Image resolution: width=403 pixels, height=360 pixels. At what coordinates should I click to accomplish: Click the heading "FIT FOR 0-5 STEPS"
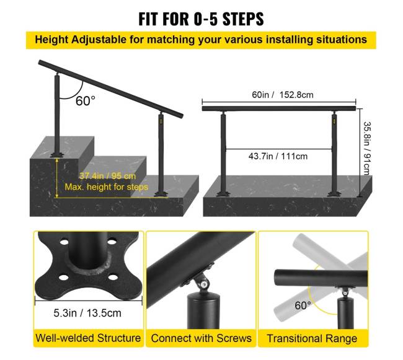click(x=201, y=19)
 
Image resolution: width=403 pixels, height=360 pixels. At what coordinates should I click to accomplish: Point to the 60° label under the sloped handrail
click(x=86, y=100)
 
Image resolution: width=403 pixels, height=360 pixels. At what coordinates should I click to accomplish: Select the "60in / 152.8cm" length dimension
click(x=283, y=95)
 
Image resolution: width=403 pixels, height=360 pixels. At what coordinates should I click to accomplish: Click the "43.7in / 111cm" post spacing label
click(x=278, y=156)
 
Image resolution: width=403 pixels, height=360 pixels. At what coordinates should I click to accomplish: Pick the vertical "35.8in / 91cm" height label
click(x=367, y=148)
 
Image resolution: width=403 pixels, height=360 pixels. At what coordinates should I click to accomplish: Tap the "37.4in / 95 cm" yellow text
click(x=107, y=176)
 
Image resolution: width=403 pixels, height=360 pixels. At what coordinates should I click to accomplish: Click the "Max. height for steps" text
click(x=107, y=187)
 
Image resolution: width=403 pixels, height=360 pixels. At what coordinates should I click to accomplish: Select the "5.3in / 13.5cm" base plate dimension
click(x=87, y=313)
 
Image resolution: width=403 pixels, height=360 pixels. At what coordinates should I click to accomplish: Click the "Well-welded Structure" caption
click(x=88, y=338)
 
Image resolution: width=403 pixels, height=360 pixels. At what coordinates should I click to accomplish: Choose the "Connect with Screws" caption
click(x=201, y=338)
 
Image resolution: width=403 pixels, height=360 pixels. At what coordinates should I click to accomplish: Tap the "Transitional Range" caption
click(x=312, y=338)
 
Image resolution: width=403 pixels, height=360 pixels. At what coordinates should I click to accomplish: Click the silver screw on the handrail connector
click(x=205, y=284)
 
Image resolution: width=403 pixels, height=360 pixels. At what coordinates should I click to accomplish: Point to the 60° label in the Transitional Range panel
click(x=303, y=305)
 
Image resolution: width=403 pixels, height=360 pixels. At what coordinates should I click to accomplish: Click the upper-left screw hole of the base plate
click(x=64, y=242)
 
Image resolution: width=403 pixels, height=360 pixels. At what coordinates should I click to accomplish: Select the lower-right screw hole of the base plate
click(x=113, y=278)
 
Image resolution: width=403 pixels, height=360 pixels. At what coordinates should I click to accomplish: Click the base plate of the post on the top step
click(x=57, y=155)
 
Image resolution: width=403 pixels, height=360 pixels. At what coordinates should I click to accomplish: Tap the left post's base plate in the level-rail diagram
click(x=223, y=193)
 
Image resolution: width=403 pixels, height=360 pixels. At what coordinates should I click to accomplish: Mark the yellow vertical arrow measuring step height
click(x=57, y=178)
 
